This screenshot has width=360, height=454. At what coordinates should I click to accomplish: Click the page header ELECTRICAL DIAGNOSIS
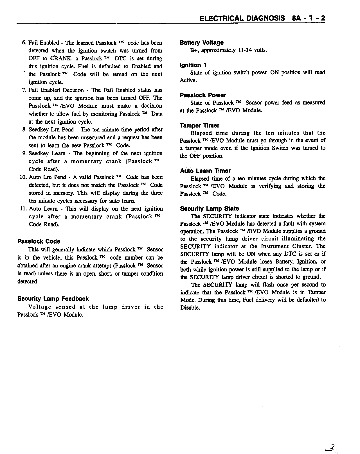pyautogui.click(x=242, y=18)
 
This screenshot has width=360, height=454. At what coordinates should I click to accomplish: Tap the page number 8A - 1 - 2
pyautogui.click(x=309, y=18)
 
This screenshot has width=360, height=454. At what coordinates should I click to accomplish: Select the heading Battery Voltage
pyautogui.click(x=201, y=43)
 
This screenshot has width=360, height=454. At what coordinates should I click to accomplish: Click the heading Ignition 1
pyautogui.click(x=193, y=65)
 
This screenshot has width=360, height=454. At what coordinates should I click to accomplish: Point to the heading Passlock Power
pyautogui.click(x=203, y=95)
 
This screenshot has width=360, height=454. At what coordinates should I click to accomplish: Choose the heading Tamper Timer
pyautogui.click(x=199, y=126)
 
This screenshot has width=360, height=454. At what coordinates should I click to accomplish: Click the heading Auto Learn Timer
pyautogui.click(x=205, y=171)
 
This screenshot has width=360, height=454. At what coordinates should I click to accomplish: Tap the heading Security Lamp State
pyautogui.click(x=209, y=209)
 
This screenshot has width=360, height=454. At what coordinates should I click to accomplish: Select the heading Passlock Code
pyautogui.click(x=39, y=242)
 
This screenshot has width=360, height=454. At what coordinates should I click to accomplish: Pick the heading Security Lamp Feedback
pyautogui.click(x=53, y=299)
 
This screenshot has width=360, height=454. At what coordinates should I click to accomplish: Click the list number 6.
pyautogui.click(x=24, y=43)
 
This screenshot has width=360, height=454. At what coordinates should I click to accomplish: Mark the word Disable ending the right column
pyautogui.click(x=190, y=308)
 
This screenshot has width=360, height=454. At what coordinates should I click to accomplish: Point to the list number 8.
pyautogui.click(x=24, y=130)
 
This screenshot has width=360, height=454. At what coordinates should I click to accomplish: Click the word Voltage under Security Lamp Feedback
pyautogui.click(x=40, y=307)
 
